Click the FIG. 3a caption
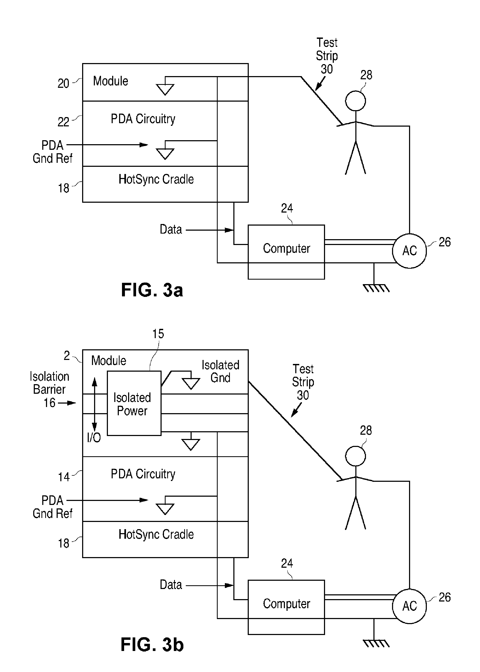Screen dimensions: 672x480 (x=152, y=290)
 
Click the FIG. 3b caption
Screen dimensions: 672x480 (x=152, y=645)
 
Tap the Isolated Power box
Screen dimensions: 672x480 (x=134, y=403)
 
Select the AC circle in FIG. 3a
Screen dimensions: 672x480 (x=409, y=251)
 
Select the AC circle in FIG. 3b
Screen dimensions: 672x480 (x=409, y=606)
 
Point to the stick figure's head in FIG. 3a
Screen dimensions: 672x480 (x=355, y=101)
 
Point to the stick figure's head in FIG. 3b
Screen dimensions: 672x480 (x=355, y=456)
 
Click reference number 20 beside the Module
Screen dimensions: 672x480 (x=63, y=84)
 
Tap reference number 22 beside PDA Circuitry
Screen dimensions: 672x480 (x=63, y=122)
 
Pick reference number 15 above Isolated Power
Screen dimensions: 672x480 (x=158, y=334)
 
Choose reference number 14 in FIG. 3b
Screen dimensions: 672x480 (x=64, y=477)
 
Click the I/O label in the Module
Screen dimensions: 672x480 (x=94, y=437)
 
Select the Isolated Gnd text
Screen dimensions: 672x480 (x=220, y=371)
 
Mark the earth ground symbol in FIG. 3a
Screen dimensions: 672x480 (x=376, y=288)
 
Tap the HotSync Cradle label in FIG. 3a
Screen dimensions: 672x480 (x=156, y=179)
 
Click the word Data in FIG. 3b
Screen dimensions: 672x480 (x=171, y=585)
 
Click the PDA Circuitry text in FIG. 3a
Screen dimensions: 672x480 (x=143, y=119)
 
